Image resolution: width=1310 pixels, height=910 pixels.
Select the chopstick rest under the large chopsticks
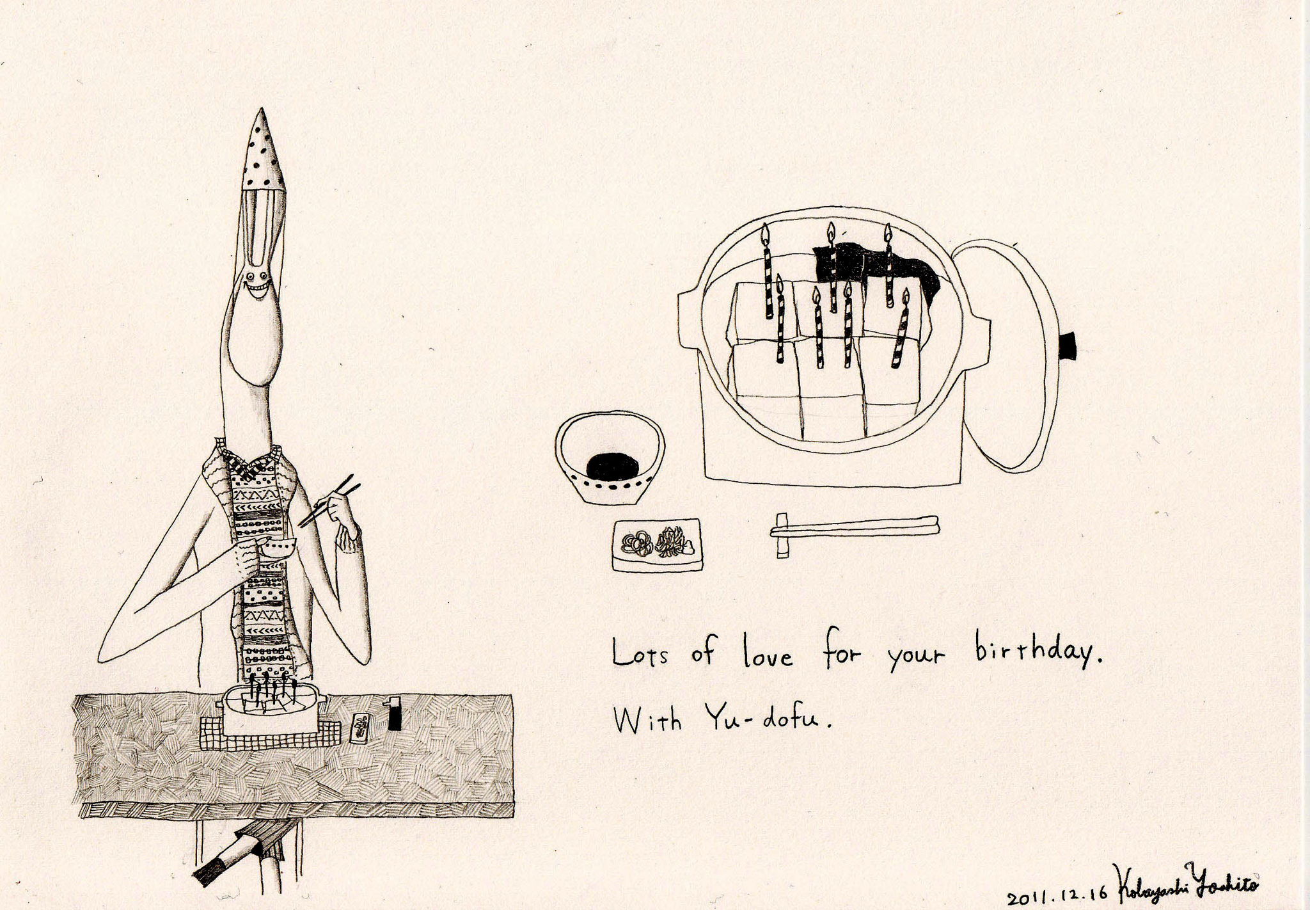781,534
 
